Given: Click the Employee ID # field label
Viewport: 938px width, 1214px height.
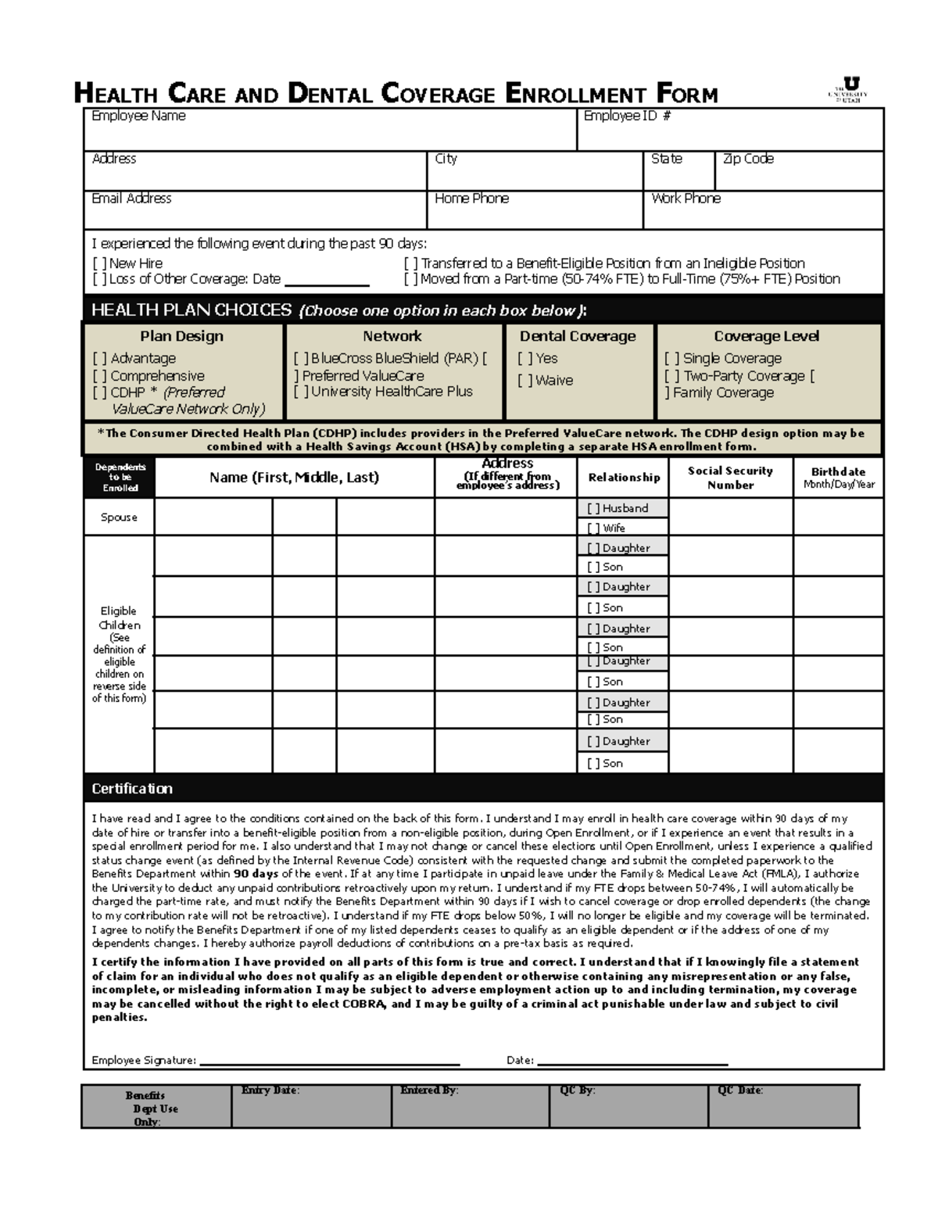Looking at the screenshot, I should click(627, 116).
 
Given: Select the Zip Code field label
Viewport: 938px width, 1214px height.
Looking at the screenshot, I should click(748, 159).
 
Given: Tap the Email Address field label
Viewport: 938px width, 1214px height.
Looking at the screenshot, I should click(131, 199).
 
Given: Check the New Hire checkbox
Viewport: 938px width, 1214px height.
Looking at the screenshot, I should click(99, 264).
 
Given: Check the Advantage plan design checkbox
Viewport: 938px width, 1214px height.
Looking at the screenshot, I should click(99, 359).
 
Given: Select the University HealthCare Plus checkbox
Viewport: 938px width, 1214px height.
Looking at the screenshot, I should click(301, 392).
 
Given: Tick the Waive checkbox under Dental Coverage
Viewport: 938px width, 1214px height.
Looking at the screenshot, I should click(524, 381).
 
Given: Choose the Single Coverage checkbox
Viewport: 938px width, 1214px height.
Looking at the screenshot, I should click(671, 359).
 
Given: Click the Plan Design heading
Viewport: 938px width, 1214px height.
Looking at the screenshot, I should click(181, 336).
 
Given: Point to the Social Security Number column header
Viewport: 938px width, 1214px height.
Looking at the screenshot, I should click(730, 478).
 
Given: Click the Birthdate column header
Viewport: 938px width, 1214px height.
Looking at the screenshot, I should click(838, 478).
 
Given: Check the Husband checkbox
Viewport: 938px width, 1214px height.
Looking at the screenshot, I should click(593, 509).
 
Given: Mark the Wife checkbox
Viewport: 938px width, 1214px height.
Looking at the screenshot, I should click(593, 528).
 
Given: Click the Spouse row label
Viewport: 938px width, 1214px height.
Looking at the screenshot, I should click(119, 517).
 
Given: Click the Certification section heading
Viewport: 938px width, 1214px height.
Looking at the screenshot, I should click(132, 789).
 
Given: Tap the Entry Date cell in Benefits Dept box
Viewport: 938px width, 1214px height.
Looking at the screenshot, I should click(310, 1105).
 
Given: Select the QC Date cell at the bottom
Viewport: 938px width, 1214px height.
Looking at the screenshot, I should click(783, 1105).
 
